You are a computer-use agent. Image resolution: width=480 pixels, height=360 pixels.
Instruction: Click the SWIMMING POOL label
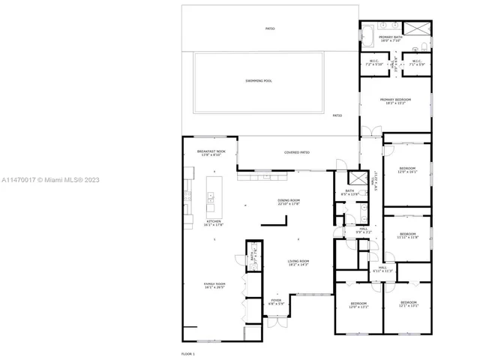point(258,80)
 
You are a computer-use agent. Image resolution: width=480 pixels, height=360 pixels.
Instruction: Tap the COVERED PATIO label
point(297,152)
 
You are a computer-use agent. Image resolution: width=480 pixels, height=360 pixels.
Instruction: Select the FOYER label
point(276,301)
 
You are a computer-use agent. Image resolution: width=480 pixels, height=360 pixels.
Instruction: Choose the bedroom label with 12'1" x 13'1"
point(407,304)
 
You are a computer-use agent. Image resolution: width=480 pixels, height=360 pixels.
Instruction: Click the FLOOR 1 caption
point(187,352)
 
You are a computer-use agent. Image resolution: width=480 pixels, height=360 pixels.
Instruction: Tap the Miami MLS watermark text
point(49,180)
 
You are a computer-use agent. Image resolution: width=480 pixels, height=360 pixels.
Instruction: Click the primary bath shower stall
point(421,31)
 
